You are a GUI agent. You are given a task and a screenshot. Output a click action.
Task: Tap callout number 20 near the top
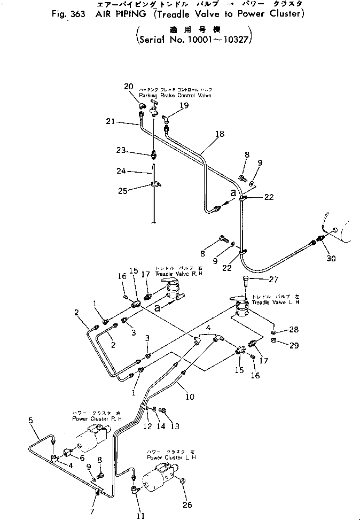[x=128, y=87]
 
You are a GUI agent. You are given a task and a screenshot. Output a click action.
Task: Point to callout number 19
[x=184, y=106]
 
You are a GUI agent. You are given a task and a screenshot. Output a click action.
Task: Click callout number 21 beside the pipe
[x=111, y=122]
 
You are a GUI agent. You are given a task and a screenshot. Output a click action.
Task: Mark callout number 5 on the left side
[x=30, y=421]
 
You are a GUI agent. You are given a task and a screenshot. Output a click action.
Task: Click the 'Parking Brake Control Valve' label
[x=175, y=95]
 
